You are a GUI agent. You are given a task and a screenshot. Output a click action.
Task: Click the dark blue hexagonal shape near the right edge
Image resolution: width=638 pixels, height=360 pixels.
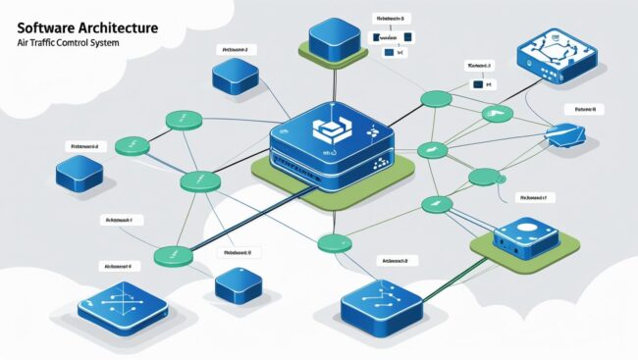tap(571, 137)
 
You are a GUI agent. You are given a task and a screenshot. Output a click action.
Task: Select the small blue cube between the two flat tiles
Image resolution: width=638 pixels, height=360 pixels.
tap(239, 284)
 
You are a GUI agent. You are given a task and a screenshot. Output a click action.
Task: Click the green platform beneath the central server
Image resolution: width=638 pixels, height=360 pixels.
tap(285, 181)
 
